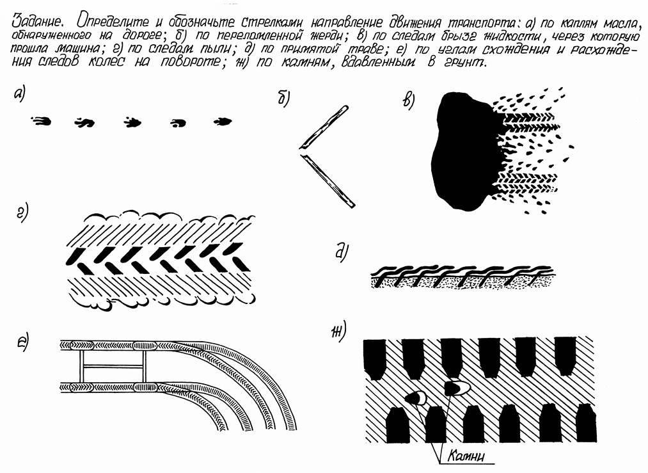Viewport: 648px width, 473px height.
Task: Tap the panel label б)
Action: [x=283, y=99]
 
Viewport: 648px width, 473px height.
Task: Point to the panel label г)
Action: [x=22, y=214]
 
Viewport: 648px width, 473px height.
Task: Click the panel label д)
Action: [x=340, y=253]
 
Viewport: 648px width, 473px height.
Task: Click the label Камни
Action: [x=465, y=456]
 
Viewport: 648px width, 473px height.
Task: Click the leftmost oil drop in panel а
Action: [x=41, y=121]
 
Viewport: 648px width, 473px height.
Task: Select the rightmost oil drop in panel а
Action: [x=223, y=122]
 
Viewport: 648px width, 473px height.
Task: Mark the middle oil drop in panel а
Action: [x=132, y=122]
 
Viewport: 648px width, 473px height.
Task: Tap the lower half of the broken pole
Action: [x=328, y=180]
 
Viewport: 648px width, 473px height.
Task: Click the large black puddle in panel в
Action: [x=464, y=151]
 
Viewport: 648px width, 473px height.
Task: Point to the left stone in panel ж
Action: [x=416, y=397]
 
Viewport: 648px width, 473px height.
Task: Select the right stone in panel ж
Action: [x=457, y=387]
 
